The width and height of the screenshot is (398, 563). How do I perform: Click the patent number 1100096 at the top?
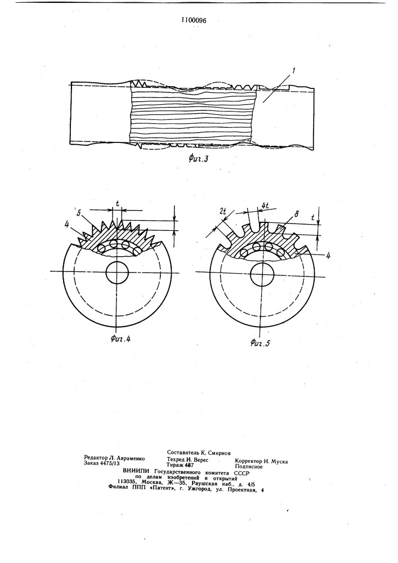point(194,20)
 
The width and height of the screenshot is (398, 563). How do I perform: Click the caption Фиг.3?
point(199,159)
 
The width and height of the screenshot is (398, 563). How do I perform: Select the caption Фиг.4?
point(120,338)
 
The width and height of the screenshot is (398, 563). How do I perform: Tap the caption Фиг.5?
point(260,343)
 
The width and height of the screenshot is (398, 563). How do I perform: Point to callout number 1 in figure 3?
point(293,71)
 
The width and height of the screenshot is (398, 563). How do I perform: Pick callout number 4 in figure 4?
point(67,225)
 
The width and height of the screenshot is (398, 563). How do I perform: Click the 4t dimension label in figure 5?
point(266,206)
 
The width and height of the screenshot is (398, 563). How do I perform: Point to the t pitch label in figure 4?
point(118,203)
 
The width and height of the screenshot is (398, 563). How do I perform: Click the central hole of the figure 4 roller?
point(117,272)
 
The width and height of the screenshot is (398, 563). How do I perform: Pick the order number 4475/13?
point(110,463)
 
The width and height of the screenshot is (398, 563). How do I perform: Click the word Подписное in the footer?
point(249,467)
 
